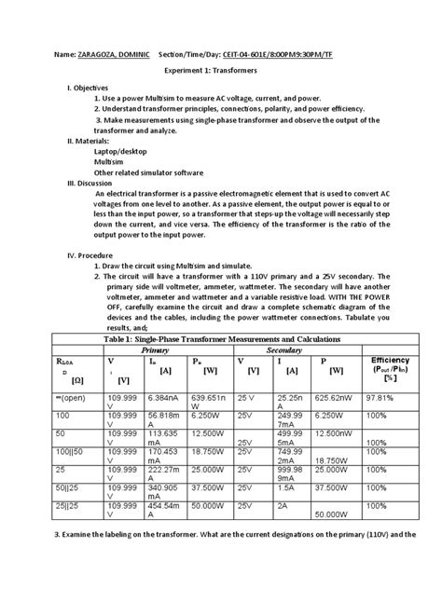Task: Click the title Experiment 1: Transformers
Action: pos(220,77)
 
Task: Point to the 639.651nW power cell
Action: pos(206,400)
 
